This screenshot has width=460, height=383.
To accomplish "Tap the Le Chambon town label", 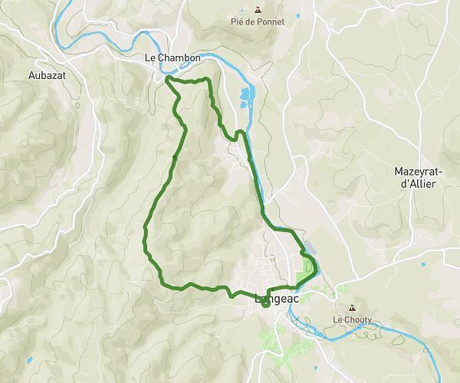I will point(172,57).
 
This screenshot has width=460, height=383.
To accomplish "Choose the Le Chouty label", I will point(352,319).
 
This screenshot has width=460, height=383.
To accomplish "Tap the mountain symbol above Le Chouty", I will point(352,309).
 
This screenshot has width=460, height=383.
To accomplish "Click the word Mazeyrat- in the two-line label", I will point(416,171).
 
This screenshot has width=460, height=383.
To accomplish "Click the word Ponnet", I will point(271,22).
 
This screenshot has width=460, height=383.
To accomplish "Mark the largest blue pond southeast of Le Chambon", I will point(245,96).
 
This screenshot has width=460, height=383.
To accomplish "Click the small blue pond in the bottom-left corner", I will point(29,359).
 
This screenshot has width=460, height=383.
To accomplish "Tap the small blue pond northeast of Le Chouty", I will point(422,265).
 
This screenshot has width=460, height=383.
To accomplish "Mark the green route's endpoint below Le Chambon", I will point(167,78).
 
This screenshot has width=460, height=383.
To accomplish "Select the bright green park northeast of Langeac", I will point(310,268).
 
